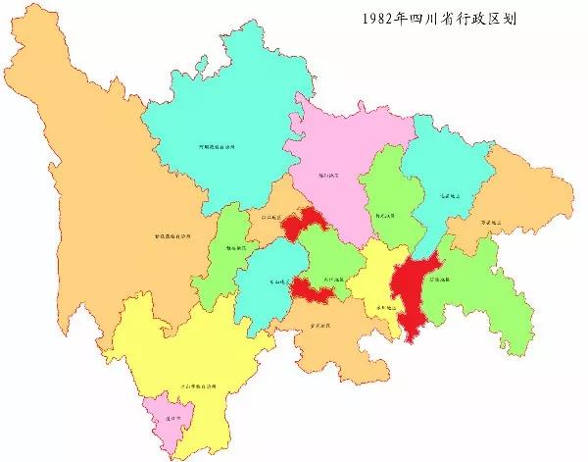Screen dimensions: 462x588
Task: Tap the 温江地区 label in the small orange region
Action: point(269,217)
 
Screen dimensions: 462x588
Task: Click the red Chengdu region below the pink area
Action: point(305,224)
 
